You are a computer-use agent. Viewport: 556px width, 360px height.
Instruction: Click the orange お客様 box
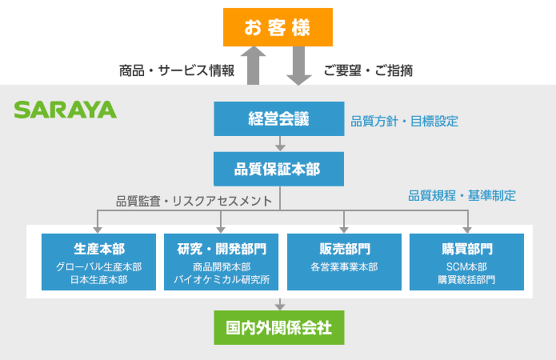pos(278,27)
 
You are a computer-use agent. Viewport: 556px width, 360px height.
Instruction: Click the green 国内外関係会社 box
pos(278,327)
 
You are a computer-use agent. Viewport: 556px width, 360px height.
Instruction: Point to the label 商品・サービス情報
pos(176,70)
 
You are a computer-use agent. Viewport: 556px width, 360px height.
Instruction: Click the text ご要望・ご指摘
pos(368,70)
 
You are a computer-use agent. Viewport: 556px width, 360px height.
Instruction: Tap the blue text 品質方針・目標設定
pos(404,122)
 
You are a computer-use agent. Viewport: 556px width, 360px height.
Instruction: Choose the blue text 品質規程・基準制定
pos(462,194)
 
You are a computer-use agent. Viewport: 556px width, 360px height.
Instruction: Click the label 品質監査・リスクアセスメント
pos(194,201)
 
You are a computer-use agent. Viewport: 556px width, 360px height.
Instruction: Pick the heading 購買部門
pos(466,248)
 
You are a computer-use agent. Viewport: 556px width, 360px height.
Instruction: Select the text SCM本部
pos(466,266)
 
